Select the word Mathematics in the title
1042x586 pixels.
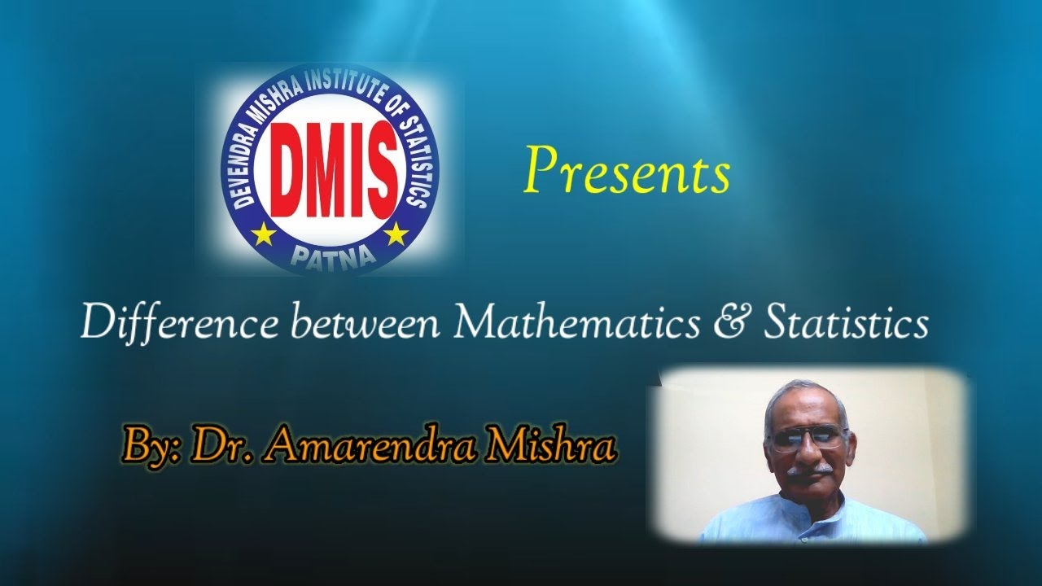(576, 324)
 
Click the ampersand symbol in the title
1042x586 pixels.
(730, 324)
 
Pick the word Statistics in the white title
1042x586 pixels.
(847, 324)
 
